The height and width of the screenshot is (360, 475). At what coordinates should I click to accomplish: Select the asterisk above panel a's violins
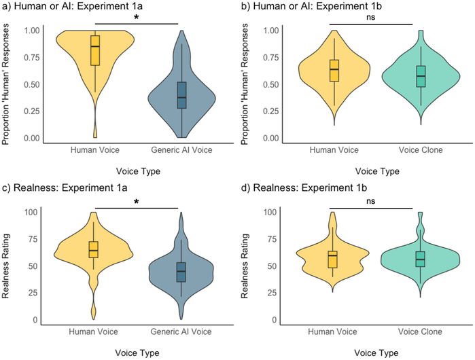point(136,17)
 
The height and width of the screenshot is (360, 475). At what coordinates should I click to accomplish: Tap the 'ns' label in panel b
point(371,17)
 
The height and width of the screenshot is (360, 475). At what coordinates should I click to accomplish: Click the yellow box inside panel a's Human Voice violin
point(95,50)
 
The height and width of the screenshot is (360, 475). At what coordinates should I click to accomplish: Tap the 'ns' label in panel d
point(371,201)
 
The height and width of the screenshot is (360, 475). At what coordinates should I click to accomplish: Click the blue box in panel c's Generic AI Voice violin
point(181,271)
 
